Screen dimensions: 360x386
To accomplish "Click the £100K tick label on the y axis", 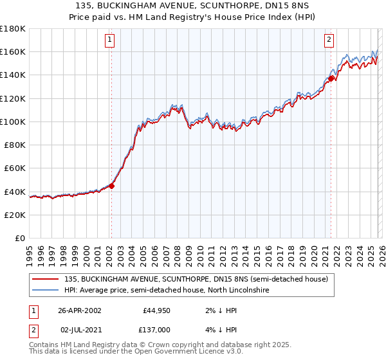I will tap(12, 122).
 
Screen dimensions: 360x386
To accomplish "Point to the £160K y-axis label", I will tap(12, 51).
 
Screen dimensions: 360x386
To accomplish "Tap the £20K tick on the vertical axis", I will tap(14, 215).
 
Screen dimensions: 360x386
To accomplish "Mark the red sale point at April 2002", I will tap(111, 186).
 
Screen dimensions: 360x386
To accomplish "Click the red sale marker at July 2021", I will tap(331, 78).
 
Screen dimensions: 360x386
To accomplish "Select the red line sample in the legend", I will tap(46, 280).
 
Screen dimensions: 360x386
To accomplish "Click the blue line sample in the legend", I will tap(46, 291).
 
